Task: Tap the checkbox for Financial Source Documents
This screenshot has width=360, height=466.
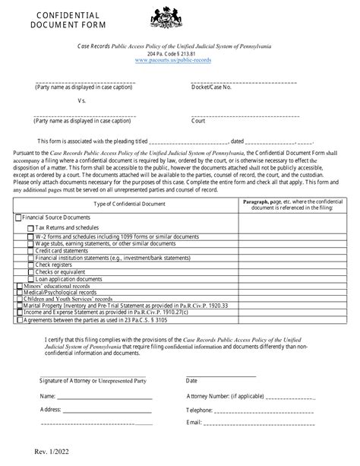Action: pyautogui.click(x=19, y=217)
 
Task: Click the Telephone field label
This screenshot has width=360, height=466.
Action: pyautogui.click(x=201, y=409)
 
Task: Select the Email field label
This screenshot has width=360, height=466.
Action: pyautogui.click(x=194, y=422)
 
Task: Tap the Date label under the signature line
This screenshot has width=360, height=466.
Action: pyautogui.click(x=191, y=380)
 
